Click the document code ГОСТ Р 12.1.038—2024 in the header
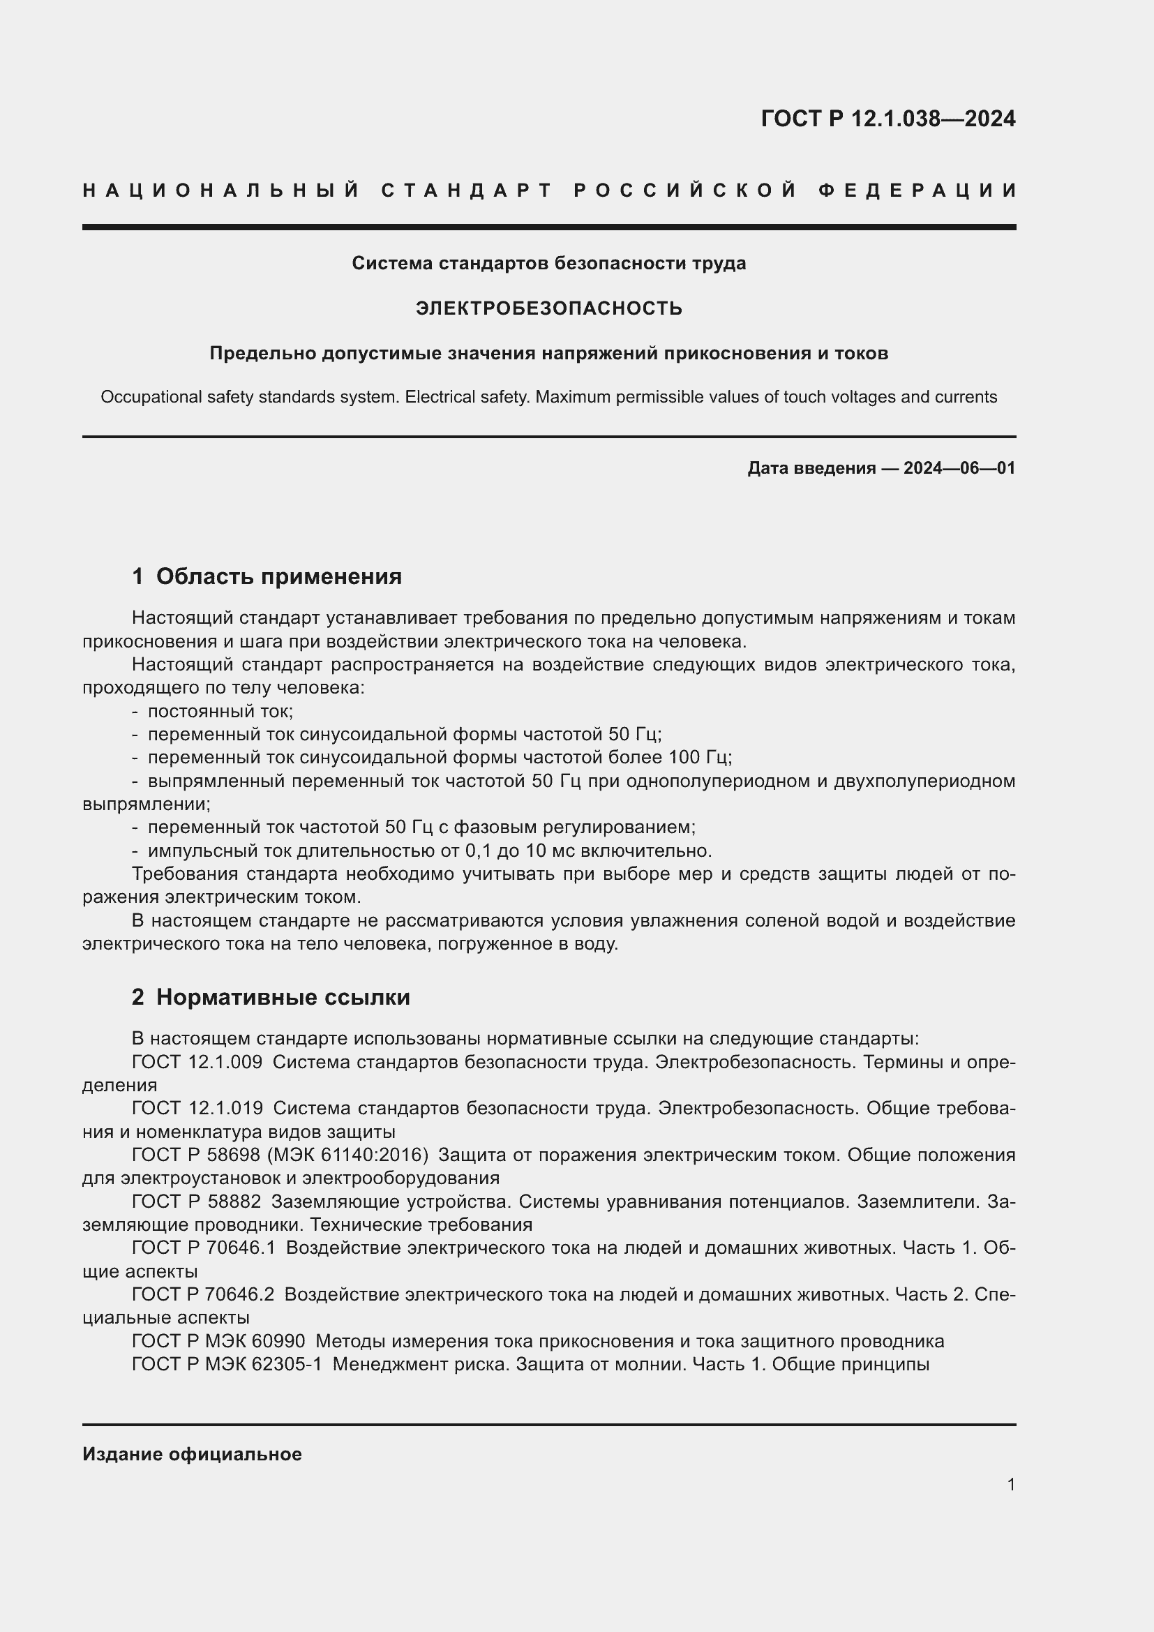887,119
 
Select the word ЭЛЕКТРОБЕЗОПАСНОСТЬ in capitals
548,308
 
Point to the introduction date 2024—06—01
959,468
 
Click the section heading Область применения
278,576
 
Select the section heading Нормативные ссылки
283,997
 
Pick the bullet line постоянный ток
220,712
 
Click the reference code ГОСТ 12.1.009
197,1062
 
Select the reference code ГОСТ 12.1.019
197,1108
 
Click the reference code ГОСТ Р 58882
196,1201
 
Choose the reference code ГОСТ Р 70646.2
202,1294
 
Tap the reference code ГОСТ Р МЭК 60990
218,1341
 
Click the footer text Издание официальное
192,1454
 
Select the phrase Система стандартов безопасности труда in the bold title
548,264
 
